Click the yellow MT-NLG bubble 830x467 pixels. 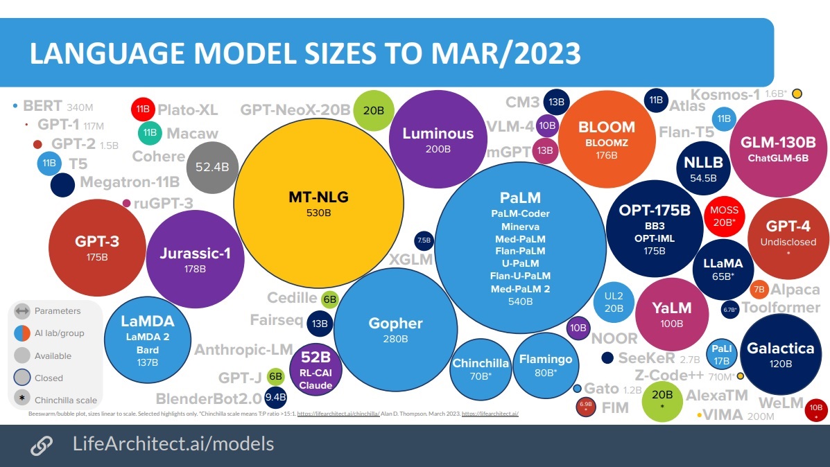pyautogui.click(x=318, y=203)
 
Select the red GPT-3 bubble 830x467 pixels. pyautogui.click(x=97, y=248)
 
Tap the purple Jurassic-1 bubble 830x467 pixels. pyautogui.click(x=194, y=260)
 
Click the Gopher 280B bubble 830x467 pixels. pyautogui.click(x=395, y=330)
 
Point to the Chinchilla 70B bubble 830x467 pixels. pyautogui.click(x=481, y=369)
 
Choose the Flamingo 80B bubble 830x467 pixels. pyautogui.click(x=546, y=365)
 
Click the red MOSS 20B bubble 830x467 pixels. pyautogui.click(x=724, y=215)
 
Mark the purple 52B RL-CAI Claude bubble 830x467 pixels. pyautogui.click(x=315, y=370)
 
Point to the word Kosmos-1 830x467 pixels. pyautogui.click(x=725, y=94)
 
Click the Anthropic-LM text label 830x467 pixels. pyautogui.click(x=243, y=350)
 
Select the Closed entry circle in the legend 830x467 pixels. pyautogui.click(x=22, y=378)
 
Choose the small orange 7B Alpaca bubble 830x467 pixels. pyautogui.click(x=759, y=290)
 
